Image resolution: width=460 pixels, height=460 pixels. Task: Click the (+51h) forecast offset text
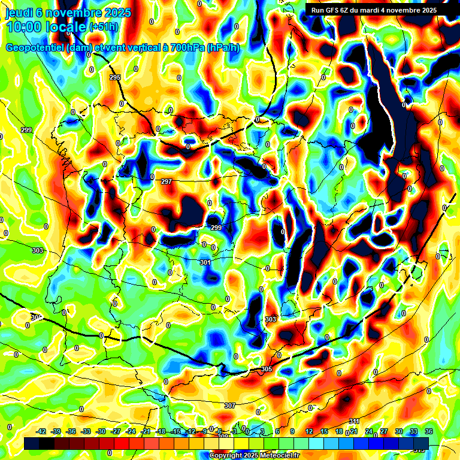[x=104, y=28]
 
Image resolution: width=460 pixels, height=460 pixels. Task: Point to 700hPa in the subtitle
[x=184, y=48]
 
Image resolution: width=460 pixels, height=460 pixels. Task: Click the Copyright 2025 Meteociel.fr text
[x=254, y=456]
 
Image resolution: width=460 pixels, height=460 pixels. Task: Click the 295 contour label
[x=115, y=78]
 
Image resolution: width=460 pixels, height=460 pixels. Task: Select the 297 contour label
[x=167, y=181]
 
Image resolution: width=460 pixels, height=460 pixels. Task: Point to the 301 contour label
[x=205, y=262]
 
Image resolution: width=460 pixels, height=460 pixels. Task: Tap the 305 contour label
[x=267, y=370]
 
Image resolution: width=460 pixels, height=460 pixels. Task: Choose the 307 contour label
[x=230, y=406]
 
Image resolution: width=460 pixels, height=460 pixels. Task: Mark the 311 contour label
[x=354, y=421]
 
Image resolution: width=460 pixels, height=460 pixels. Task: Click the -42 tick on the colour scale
[x=41, y=431]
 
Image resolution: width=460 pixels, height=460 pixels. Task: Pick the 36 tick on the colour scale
[x=429, y=431]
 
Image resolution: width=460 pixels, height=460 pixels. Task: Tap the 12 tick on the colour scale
[x=309, y=431]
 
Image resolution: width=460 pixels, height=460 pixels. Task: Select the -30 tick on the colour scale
[x=101, y=431]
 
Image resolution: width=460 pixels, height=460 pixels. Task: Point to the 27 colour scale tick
[x=384, y=431]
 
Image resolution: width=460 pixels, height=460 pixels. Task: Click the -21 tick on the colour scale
[x=146, y=431]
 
